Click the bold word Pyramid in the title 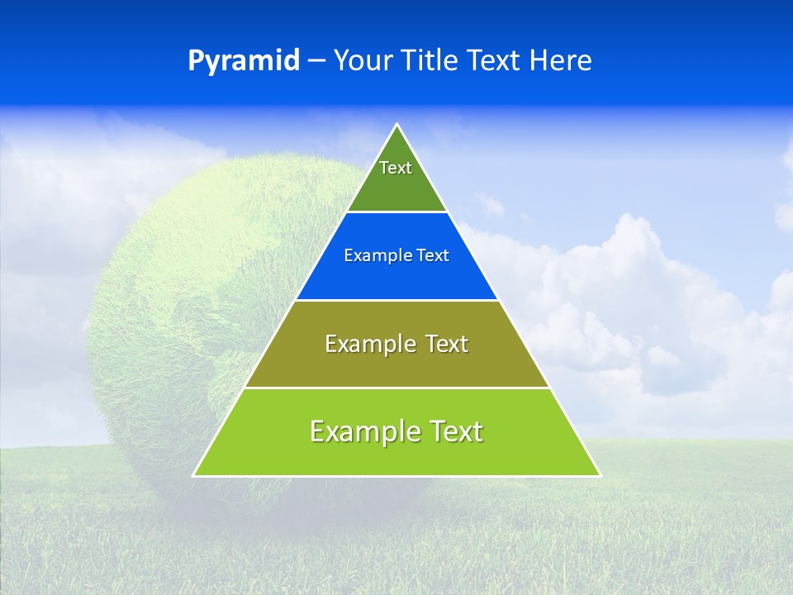pos(244,61)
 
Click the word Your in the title pos(362,61)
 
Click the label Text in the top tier pos(396,169)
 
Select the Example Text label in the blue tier pos(396,256)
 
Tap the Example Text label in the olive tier pos(396,344)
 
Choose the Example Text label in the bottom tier pos(396,431)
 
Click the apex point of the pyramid pos(396,125)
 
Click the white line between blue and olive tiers pos(396,300)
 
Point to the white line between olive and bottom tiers pos(396,388)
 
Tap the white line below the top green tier pos(396,212)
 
